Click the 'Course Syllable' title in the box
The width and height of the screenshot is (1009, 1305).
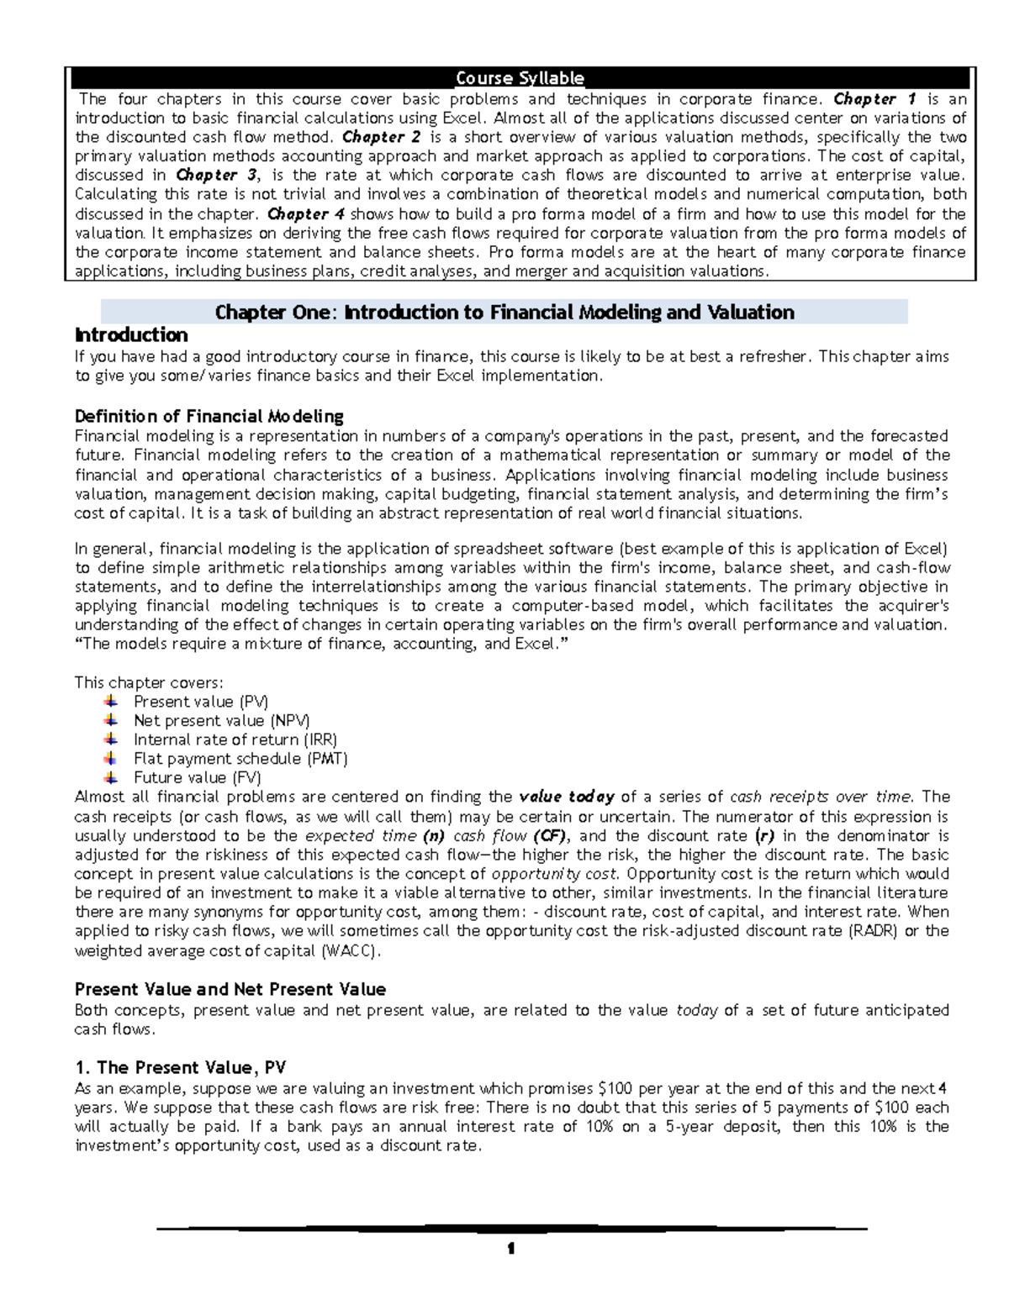click(x=520, y=78)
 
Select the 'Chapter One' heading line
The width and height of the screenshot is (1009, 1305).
click(x=504, y=313)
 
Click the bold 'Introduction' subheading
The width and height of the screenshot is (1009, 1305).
click(x=131, y=334)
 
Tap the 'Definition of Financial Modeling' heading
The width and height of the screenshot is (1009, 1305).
click(x=209, y=416)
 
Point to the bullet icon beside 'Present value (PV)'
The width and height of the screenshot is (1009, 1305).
click(x=110, y=701)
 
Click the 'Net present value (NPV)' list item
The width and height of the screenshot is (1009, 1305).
click(x=221, y=720)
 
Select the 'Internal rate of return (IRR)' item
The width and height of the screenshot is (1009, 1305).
click(x=235, y=739)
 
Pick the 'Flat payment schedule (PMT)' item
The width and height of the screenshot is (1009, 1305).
click(x=240, y=758)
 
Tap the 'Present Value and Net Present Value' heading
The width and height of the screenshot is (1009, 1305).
click(x=230, y=989)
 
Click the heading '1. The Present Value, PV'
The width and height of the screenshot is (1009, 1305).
click(x=180, y=1067)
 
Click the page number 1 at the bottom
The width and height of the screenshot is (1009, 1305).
click(x=510, y=1250)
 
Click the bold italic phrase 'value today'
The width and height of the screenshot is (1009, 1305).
click(x=568, y=797)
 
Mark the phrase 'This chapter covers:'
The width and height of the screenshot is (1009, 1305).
click(x=149, y=682)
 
